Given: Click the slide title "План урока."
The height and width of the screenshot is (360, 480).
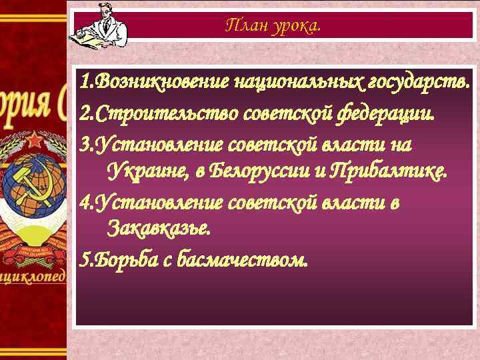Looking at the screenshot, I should pyautogui.click(x=273, y=26).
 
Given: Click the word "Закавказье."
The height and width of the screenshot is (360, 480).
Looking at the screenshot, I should pyautogui.click(x=159, y=229).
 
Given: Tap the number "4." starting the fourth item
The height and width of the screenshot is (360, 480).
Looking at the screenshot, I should pyautogui.click(x=87, y=200).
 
